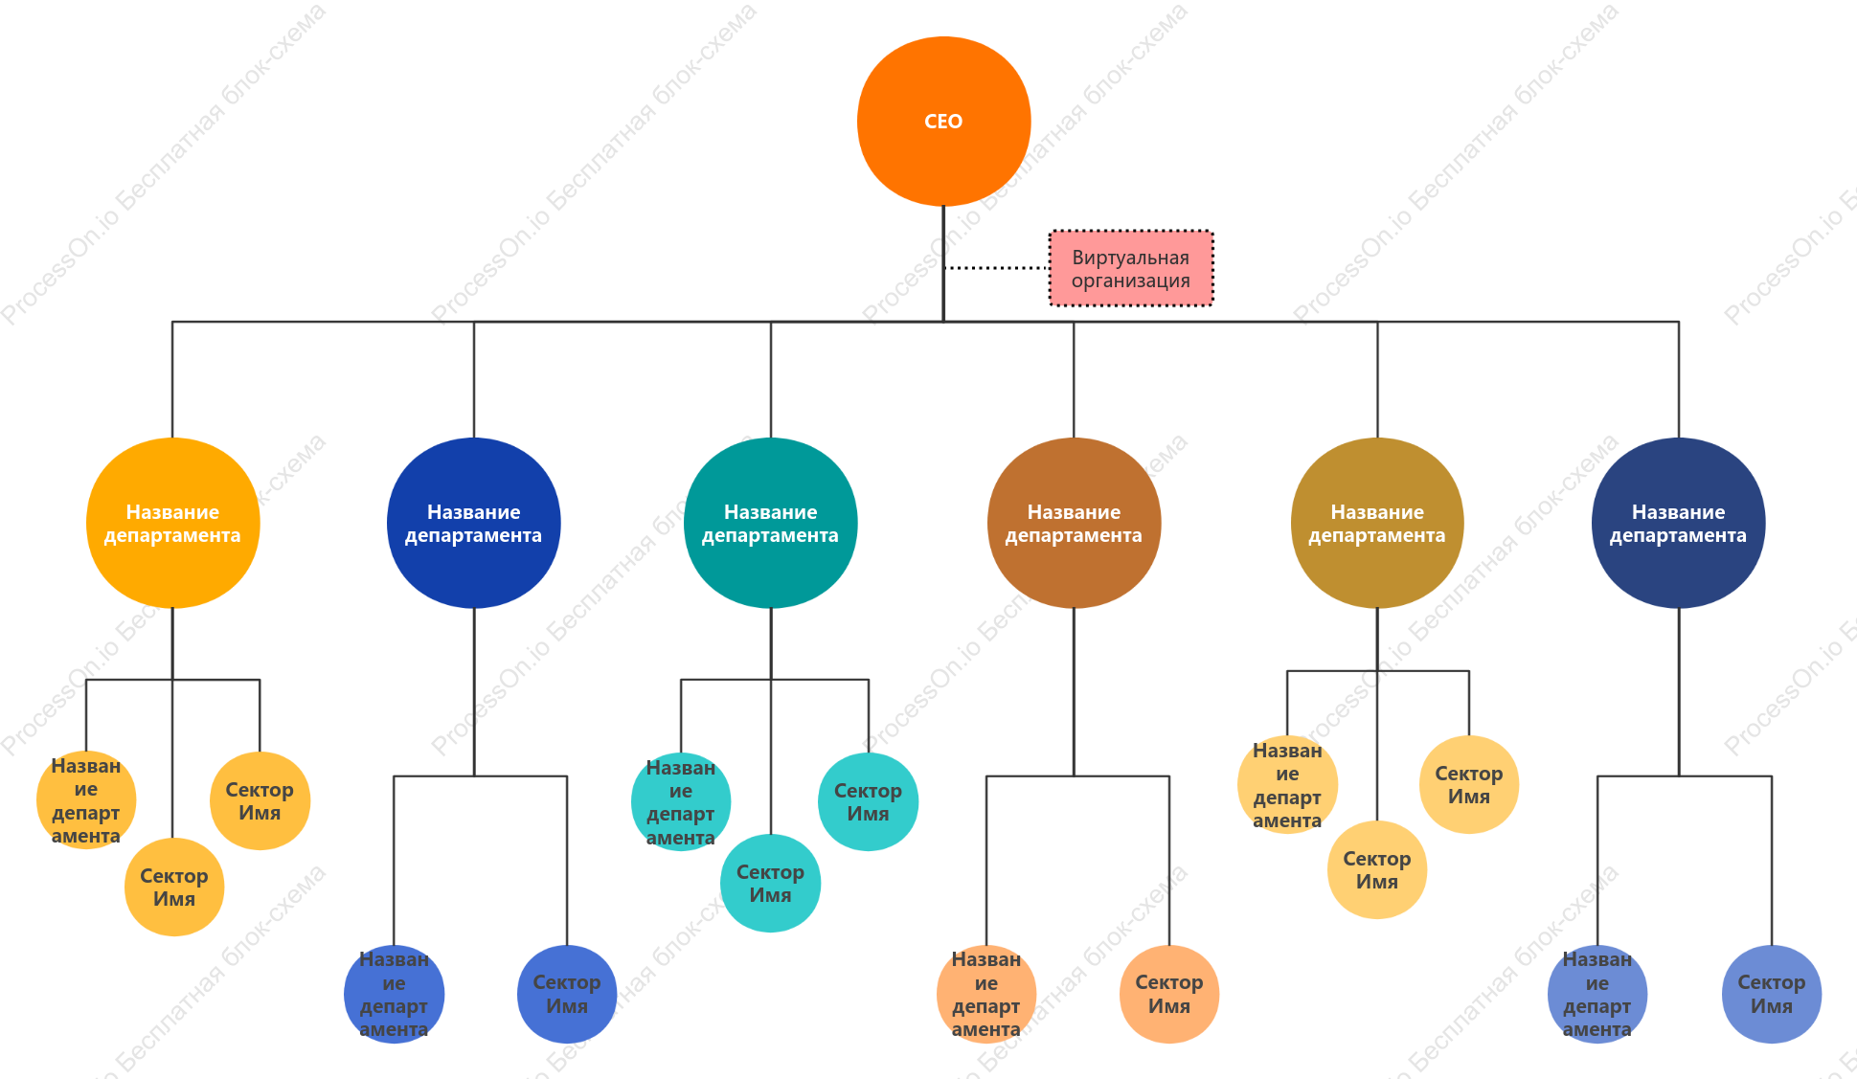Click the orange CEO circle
pyautogui.click(x=943, y=122)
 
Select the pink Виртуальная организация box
pyautogui.click(x=1131, y=269)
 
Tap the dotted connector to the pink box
pyautogui.click(x=996, y=268)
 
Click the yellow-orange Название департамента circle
pyautogui.click(x=172, y=523)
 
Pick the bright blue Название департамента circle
pyautogui.click(x=473, y=523)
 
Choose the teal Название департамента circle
pyautogui.click(x=770, y=523)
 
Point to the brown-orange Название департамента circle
pyautogui.click(x=1074, y=523)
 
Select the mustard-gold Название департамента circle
pyautogui.click(x=1377, y=523)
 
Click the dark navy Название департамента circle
pyautogui.click(x=1678, y=523)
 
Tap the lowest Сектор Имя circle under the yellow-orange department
pyautogui.click(x=174, y=888)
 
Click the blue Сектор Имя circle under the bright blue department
pyautogui.click(x=567, y=994)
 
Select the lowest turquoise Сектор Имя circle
pyautogui.click(x=770, y=884)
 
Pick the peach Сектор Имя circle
pyautogui.click(x=1169, y=994)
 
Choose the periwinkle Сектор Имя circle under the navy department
pyautogui.click(x=1772, y=994)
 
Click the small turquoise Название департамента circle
pyautogui.click(x=681, y=802)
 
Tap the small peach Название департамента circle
pyautogui.click(x=986, y=994)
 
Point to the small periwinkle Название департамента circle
pyautogui.click(x=1597, y=994)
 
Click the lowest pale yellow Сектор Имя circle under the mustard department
pyautogui.click(x=1377, y=870)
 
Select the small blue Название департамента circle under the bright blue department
pyautogui.click(x=394, y=994)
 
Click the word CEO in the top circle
pyautogui.click(x=943, y=122)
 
